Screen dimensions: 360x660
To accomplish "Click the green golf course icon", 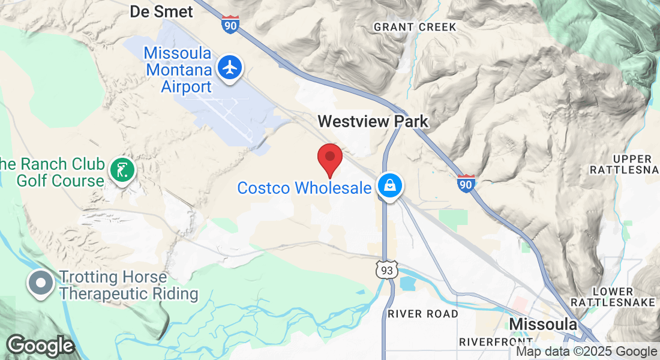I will [x=122, y=170].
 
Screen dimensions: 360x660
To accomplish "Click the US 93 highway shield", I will [x=386, y=271].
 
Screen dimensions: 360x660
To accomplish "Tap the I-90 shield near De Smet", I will [x=230, y=25].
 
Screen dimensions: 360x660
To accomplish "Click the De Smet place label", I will [x=161, y=11].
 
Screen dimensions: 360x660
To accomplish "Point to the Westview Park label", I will [x=373, y=121].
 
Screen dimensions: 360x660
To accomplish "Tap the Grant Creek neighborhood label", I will [x=415, y=27].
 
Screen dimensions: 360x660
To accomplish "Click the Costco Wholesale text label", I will [x=304, y=188].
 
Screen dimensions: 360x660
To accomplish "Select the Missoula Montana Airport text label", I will [x=178, y=70].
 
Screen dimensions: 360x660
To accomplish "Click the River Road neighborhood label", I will [x=423, y=314].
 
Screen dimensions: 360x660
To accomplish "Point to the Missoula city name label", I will [x=543, y=325].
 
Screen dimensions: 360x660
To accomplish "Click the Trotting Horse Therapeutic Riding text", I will [x=128, y=286].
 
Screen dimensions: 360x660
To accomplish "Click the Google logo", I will [x=40, y=346].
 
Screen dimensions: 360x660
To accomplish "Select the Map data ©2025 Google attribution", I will [x=587, y=352].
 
